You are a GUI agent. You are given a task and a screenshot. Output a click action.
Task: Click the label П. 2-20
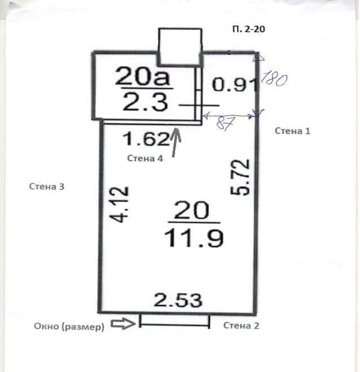pos(249,29)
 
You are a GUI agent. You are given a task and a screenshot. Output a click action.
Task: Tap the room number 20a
pos(142,76)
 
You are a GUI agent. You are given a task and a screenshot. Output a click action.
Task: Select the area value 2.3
pos(145,102)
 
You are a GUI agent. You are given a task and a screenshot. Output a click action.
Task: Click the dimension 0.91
pos(235,84)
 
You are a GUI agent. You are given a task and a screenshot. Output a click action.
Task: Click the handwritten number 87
pos(225,123)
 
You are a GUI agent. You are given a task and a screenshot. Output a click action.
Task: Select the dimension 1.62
pos(146,139)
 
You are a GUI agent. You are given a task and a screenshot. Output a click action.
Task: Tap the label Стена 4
pos(145,158)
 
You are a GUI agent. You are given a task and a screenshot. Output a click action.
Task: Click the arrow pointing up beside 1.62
pos(176,142)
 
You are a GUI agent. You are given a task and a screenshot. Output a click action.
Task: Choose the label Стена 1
pos(292,131)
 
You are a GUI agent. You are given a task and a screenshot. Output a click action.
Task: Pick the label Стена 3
pos(46,187)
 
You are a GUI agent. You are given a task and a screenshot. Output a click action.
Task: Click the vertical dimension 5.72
pos(240,177)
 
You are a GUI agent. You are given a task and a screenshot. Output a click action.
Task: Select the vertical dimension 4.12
pos(119,205)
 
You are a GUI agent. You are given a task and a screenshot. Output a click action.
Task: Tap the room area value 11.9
pos(194,238)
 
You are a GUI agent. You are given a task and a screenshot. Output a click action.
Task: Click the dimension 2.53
pos(178,300)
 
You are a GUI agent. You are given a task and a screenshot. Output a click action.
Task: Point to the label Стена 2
pos(241,326)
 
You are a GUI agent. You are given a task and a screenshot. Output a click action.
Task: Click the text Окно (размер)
pos(70,327)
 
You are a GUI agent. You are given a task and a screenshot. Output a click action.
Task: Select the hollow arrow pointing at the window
pos(123,323)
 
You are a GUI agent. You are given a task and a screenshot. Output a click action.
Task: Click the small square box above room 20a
pos(180,47)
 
